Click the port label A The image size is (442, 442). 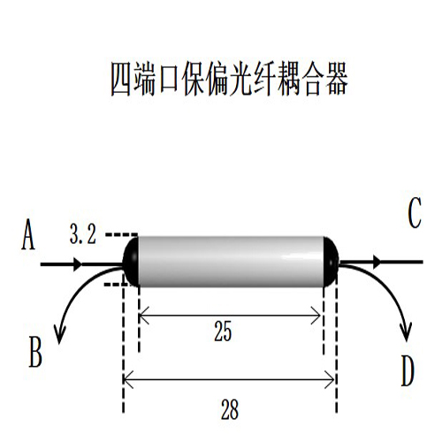(28, 235)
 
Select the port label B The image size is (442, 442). (35, 352)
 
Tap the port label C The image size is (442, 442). (415, 212)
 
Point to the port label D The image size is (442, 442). (408, 370)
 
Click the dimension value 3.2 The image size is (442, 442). (83, 234)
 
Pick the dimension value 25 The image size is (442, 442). (223, 331)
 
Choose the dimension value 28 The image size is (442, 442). (230, 409)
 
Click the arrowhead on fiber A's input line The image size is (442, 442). (78, 264)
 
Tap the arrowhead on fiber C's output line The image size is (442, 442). (377, 262)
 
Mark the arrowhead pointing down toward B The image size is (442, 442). (59, 335)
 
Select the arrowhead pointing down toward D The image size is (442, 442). (406, 332)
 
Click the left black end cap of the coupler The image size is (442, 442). (130, 262)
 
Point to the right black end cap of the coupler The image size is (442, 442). (331, 262)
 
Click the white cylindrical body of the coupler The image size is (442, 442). (231, 262)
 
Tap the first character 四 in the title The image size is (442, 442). (120, 79)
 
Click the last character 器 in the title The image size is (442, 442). (337, 79)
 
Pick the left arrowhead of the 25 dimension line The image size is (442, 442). (144, 316)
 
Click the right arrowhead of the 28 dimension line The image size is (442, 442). (329, 379)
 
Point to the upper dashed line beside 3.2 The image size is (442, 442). (122, 235)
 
